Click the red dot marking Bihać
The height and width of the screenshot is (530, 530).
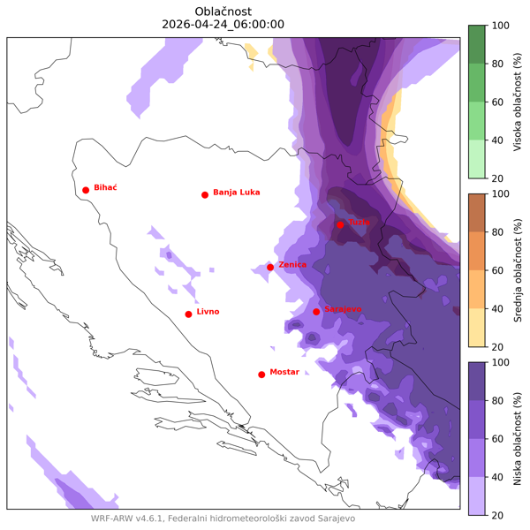(86, 190)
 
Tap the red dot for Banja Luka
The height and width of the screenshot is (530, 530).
(205, 194)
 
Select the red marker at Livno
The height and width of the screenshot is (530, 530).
(188, 314)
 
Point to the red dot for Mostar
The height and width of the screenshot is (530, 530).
(261, 375)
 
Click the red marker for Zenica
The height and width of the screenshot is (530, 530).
(270, 267)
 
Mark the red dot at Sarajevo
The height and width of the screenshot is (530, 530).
(316, 311)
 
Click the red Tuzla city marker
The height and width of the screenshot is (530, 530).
(340, 224)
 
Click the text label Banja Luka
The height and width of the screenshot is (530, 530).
(237, 193)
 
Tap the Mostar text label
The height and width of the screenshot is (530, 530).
(284, 373)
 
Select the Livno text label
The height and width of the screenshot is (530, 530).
(208, 312)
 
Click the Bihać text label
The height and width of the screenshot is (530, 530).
(105, 188)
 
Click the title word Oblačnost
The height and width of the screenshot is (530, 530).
(223, 10)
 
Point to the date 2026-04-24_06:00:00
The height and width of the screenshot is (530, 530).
(223, 24)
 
